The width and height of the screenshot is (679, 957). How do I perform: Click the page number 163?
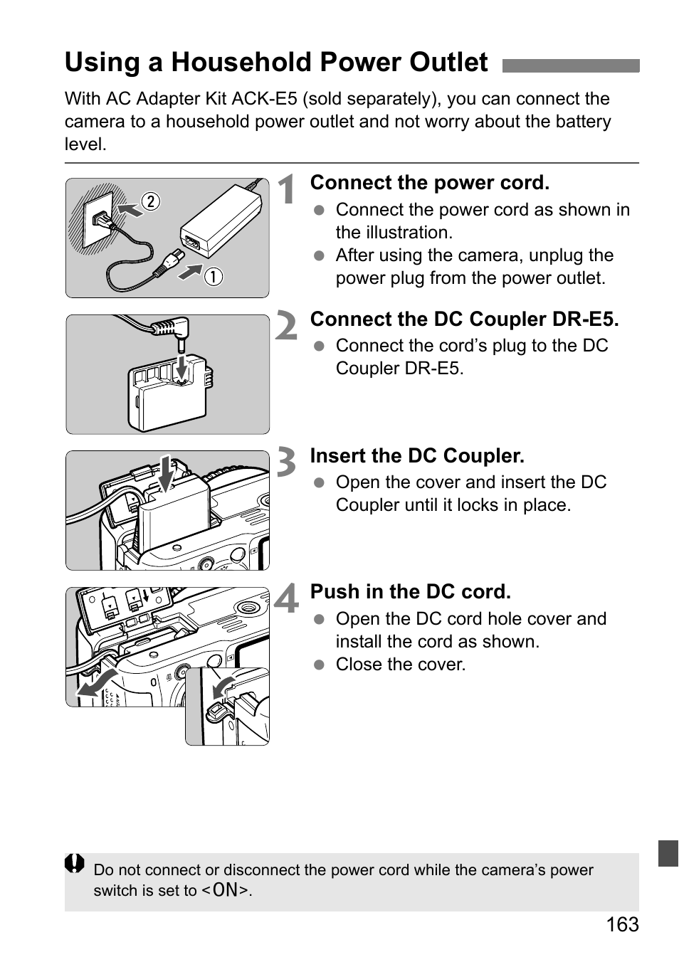[x=623, y=924]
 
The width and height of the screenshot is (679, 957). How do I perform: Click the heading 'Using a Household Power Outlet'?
[x=276, y=63]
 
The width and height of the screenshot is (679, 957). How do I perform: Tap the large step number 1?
[x=287, y=191]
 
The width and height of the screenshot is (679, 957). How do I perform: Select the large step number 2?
[x=286, y=327]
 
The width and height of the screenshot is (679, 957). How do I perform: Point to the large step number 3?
[x=286, y=463]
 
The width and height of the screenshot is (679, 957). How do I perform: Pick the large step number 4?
[x=287, y=599]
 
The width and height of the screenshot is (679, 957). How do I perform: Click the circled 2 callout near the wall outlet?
[x=151, y=201]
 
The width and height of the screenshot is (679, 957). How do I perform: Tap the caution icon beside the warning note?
[x=75, y=864]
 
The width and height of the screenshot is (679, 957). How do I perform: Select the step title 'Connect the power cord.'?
[x=429, y=183]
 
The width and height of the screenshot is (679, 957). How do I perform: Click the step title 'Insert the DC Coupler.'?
[x=417, y=456]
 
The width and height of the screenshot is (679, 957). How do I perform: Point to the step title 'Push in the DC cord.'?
[x=410, y=592]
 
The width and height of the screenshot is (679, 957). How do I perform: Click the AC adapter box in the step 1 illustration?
[x=221, y=221]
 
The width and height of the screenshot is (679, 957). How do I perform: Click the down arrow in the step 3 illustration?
[x=166, y=473]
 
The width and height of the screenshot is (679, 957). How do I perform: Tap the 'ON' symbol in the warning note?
[x=226, y=890]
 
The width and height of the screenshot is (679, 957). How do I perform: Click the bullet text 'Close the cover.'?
[x=400, y=665]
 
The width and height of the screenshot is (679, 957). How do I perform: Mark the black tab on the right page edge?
[x=668, y=853]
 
